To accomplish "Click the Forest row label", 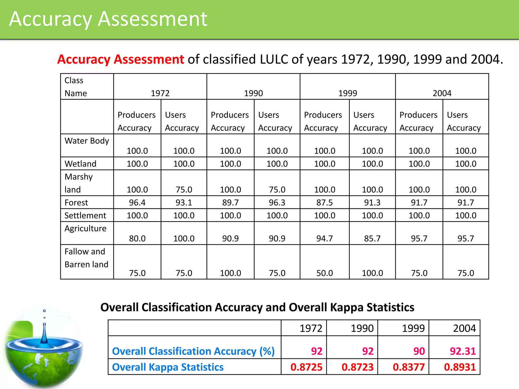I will click(x=76, y=203).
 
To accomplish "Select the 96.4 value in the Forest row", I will click(x=137, y=203).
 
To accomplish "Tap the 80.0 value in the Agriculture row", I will click(x=137, y=239).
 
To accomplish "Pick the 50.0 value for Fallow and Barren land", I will click(x=325, y=273).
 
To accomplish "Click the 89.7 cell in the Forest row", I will click(x=230, y=203).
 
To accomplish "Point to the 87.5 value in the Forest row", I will click(x=325, y=203).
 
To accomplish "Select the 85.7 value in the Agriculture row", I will click(x=372, y=239).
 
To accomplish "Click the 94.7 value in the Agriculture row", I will click(x=325, y=239).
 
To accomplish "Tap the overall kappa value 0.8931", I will click(x=460, y=367).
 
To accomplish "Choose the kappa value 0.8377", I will click(x=409, y=367).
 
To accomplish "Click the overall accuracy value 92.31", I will click(x=463, y=351).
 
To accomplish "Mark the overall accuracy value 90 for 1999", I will click(x=419, y=351).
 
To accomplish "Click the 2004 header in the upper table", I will click(x=442, y=93).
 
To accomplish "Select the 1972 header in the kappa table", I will click(x=311, y=328).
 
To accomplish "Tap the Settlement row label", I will click(x=85, y=216).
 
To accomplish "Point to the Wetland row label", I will click(x=80, y=164).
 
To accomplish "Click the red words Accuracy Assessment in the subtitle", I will click(x=121, y=59).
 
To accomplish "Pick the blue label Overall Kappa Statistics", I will click(x=168, y=367).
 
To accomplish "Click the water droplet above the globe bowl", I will click(x=44, y=311).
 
